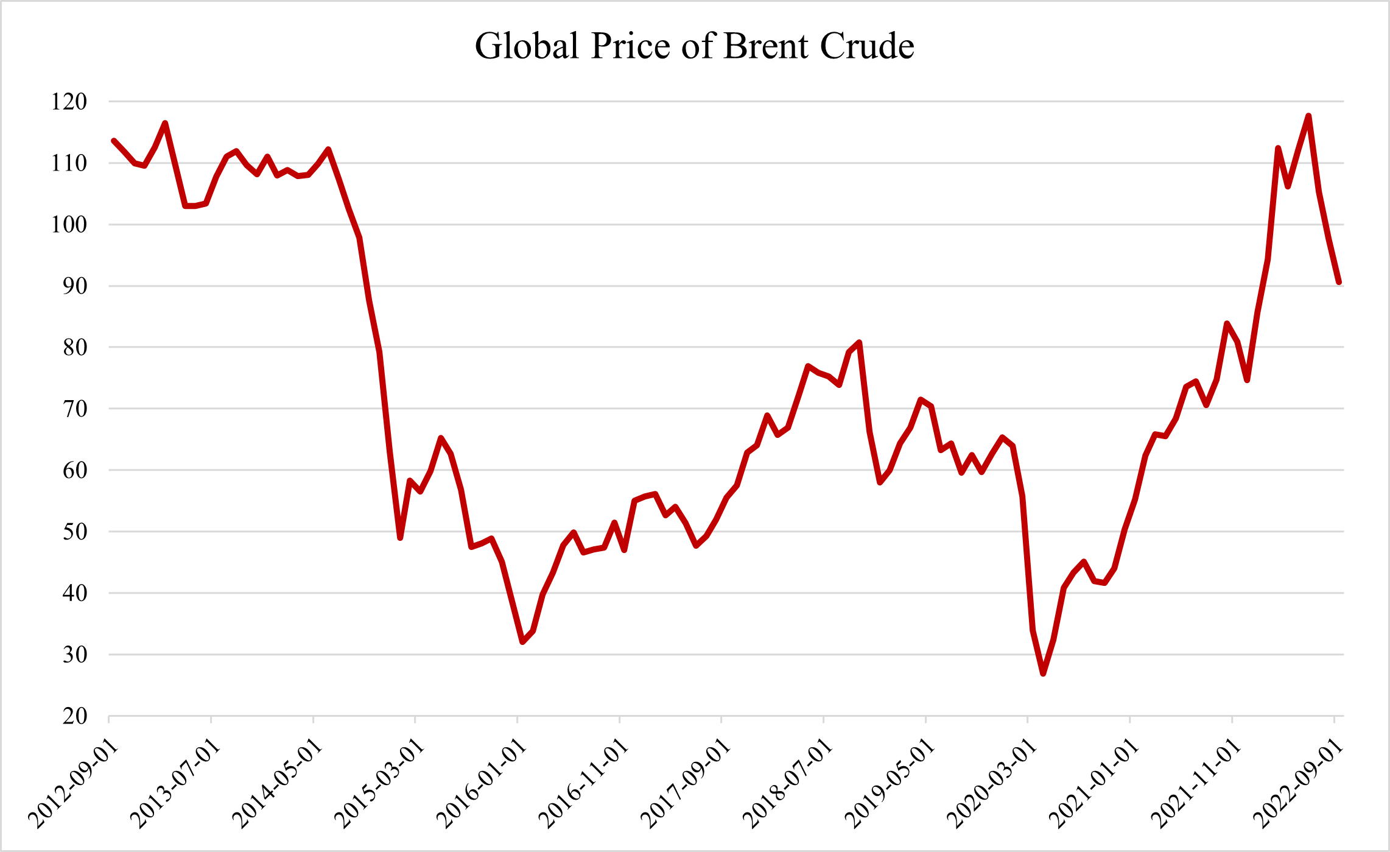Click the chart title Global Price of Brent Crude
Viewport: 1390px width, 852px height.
(x=694, y=46)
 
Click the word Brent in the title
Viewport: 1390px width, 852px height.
(x=767, y=46)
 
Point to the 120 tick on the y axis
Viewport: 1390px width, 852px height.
(x=69, y=102)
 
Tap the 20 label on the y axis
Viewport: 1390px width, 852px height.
(x=75, y=716)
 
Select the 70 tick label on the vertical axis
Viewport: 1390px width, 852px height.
(x=75, y=409)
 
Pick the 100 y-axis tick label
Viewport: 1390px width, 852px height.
(x=69, y=225)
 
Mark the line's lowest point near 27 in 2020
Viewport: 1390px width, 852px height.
(x=1043, y=674)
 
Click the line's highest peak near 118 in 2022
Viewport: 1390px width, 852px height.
(x=1308, y=116)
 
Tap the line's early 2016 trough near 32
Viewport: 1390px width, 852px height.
(x=522, y=642)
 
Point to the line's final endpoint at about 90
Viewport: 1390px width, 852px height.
(x=1339, y=283)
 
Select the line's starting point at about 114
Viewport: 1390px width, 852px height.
(x=114, y=141)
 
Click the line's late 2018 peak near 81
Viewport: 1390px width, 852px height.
(x=859, y=342)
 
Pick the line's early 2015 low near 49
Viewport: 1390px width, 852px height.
(x=400, y=538)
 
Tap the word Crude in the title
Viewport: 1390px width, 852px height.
(x=867, y=46)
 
